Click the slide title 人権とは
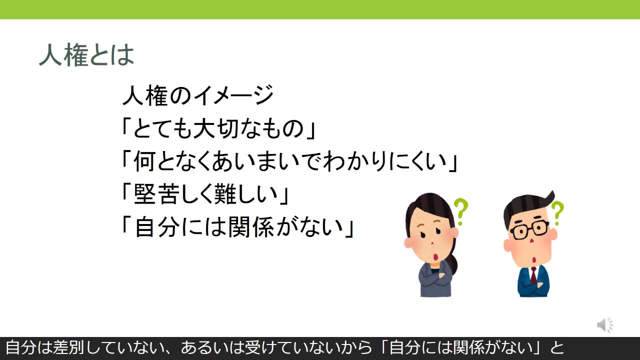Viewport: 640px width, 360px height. coord(86,55)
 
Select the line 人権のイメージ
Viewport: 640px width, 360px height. coord(197,95)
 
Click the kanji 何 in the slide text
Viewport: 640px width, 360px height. coord(145,161)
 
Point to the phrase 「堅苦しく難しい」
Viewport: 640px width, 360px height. coord(205,194)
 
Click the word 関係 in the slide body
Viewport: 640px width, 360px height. coord(251,227)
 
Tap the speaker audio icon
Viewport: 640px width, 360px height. coord(605,325)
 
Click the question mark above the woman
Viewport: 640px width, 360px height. coord(460,211)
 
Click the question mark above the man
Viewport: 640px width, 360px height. coord(557,213)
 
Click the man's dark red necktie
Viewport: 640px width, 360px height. coord(533,275)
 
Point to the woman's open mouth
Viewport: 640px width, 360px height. coord(436,256)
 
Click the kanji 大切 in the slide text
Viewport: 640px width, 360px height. coord(216,128)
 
